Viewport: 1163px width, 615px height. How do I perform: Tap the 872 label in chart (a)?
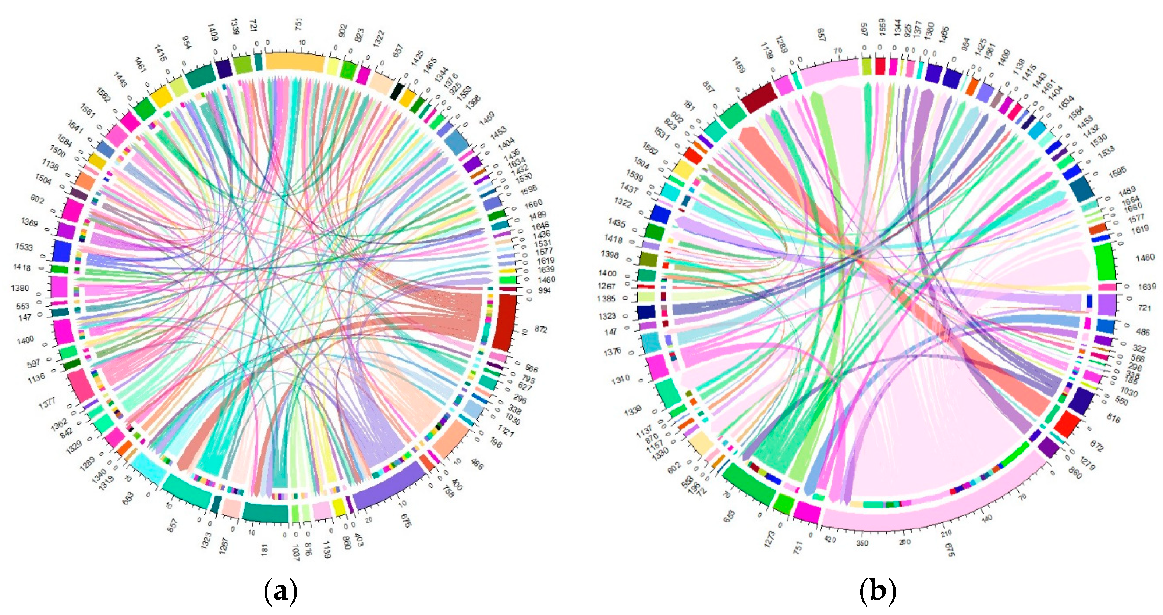point(540,330)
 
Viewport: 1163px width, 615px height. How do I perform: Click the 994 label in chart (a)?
point(545,290)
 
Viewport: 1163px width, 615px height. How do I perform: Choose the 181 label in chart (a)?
point(265,550)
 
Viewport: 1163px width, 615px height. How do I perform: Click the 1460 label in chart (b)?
point(1145,257)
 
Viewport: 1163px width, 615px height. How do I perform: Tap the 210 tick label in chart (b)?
point(946,534)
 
